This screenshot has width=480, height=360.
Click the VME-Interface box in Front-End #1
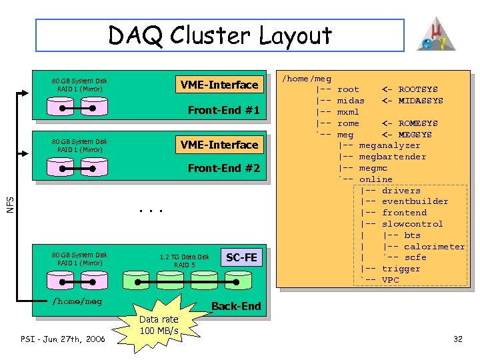(219, 84)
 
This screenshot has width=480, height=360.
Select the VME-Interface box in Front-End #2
(219, 145)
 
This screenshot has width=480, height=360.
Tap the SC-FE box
(241, 257)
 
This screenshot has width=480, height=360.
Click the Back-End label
(236, 306)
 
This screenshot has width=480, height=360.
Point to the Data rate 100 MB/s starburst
(159, 325)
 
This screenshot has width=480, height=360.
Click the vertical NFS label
(10, 205)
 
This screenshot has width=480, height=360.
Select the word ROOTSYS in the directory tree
(418, 89)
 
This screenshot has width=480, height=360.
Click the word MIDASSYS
(421, 101)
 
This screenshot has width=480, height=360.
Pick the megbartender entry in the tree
(393, 157)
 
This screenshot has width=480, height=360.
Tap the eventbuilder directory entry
(415, 201)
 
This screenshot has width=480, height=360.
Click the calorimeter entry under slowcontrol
(435, 247)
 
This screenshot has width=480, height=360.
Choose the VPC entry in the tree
(390, 280)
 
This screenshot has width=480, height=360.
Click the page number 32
(457, 339)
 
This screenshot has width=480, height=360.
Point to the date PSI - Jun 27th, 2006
(63, 339)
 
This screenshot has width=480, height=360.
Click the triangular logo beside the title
(436, 34)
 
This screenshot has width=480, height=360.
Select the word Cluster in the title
(210, 35)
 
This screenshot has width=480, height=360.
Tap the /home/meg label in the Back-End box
(77, 301)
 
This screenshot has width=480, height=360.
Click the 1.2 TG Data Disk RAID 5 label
(184, 261)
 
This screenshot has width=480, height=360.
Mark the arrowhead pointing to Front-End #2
(25, 154)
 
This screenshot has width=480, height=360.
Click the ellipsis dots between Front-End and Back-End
(151, 211)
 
